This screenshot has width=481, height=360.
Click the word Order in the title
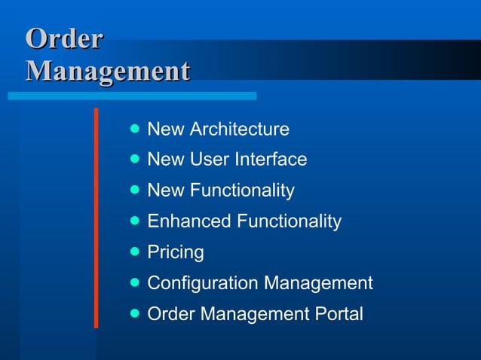(x=63, y=39)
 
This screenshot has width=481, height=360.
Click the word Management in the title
(x=107, y=72)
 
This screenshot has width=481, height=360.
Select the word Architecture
(x=239, y=130)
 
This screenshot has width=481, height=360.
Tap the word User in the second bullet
(x=213, y=160)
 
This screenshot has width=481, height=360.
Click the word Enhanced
(x=189, y=221)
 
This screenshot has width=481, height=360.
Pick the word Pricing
(x=176, y=252)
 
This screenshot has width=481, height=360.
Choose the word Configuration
(x=202, y=283)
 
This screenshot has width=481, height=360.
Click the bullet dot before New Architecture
(x=135, y=129)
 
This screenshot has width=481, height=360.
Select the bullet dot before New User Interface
(x=135, y=159)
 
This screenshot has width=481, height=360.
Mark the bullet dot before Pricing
(x=135, y=251)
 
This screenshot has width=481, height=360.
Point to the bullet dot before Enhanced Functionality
(x=135, y=221)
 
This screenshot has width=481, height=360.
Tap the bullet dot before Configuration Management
(x=135, y=282)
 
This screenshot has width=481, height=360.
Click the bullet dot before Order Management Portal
(x=135, y=313)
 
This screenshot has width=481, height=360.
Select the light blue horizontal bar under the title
(x=132, y=96)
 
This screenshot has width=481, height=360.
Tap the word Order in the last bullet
(x=170, y=313)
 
